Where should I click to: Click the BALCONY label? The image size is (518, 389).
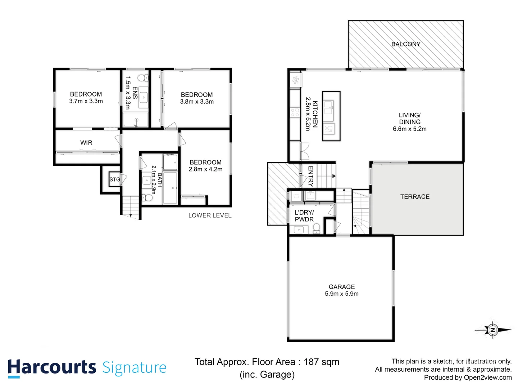click(x=406, y=44)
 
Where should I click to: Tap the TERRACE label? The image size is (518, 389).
click(x=415, y=197)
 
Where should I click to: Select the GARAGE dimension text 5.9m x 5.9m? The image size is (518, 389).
click(x=341, y=294)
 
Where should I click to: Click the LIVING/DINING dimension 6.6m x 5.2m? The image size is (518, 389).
click(x=409, y=129)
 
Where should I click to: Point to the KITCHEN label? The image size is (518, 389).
click(x=315, y=114)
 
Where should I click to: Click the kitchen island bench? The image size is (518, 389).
click(x=331, y=116)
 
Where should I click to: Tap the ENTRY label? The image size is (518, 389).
click(x=310, y=176)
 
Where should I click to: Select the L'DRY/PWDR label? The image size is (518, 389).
click(x=304, y=216)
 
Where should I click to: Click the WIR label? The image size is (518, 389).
click(x=86, y=143)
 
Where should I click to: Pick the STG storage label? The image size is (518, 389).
click(x=115, y=179)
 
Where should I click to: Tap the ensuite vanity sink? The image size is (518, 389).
click(x=144, y=97)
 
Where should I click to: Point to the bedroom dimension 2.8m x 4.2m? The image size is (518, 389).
click(x=205, y=169)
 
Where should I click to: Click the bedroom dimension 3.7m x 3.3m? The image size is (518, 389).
click(x=86, y=101)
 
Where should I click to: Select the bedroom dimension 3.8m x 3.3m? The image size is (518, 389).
click(x=197, y=102)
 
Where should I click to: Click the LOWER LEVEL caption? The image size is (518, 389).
click(x=210, y=215)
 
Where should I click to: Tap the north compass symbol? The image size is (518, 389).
click(x=493, y=330)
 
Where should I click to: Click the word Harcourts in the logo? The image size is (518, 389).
click(x=52, y=367)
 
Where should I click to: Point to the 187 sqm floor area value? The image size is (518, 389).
click(x=321, y=362)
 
